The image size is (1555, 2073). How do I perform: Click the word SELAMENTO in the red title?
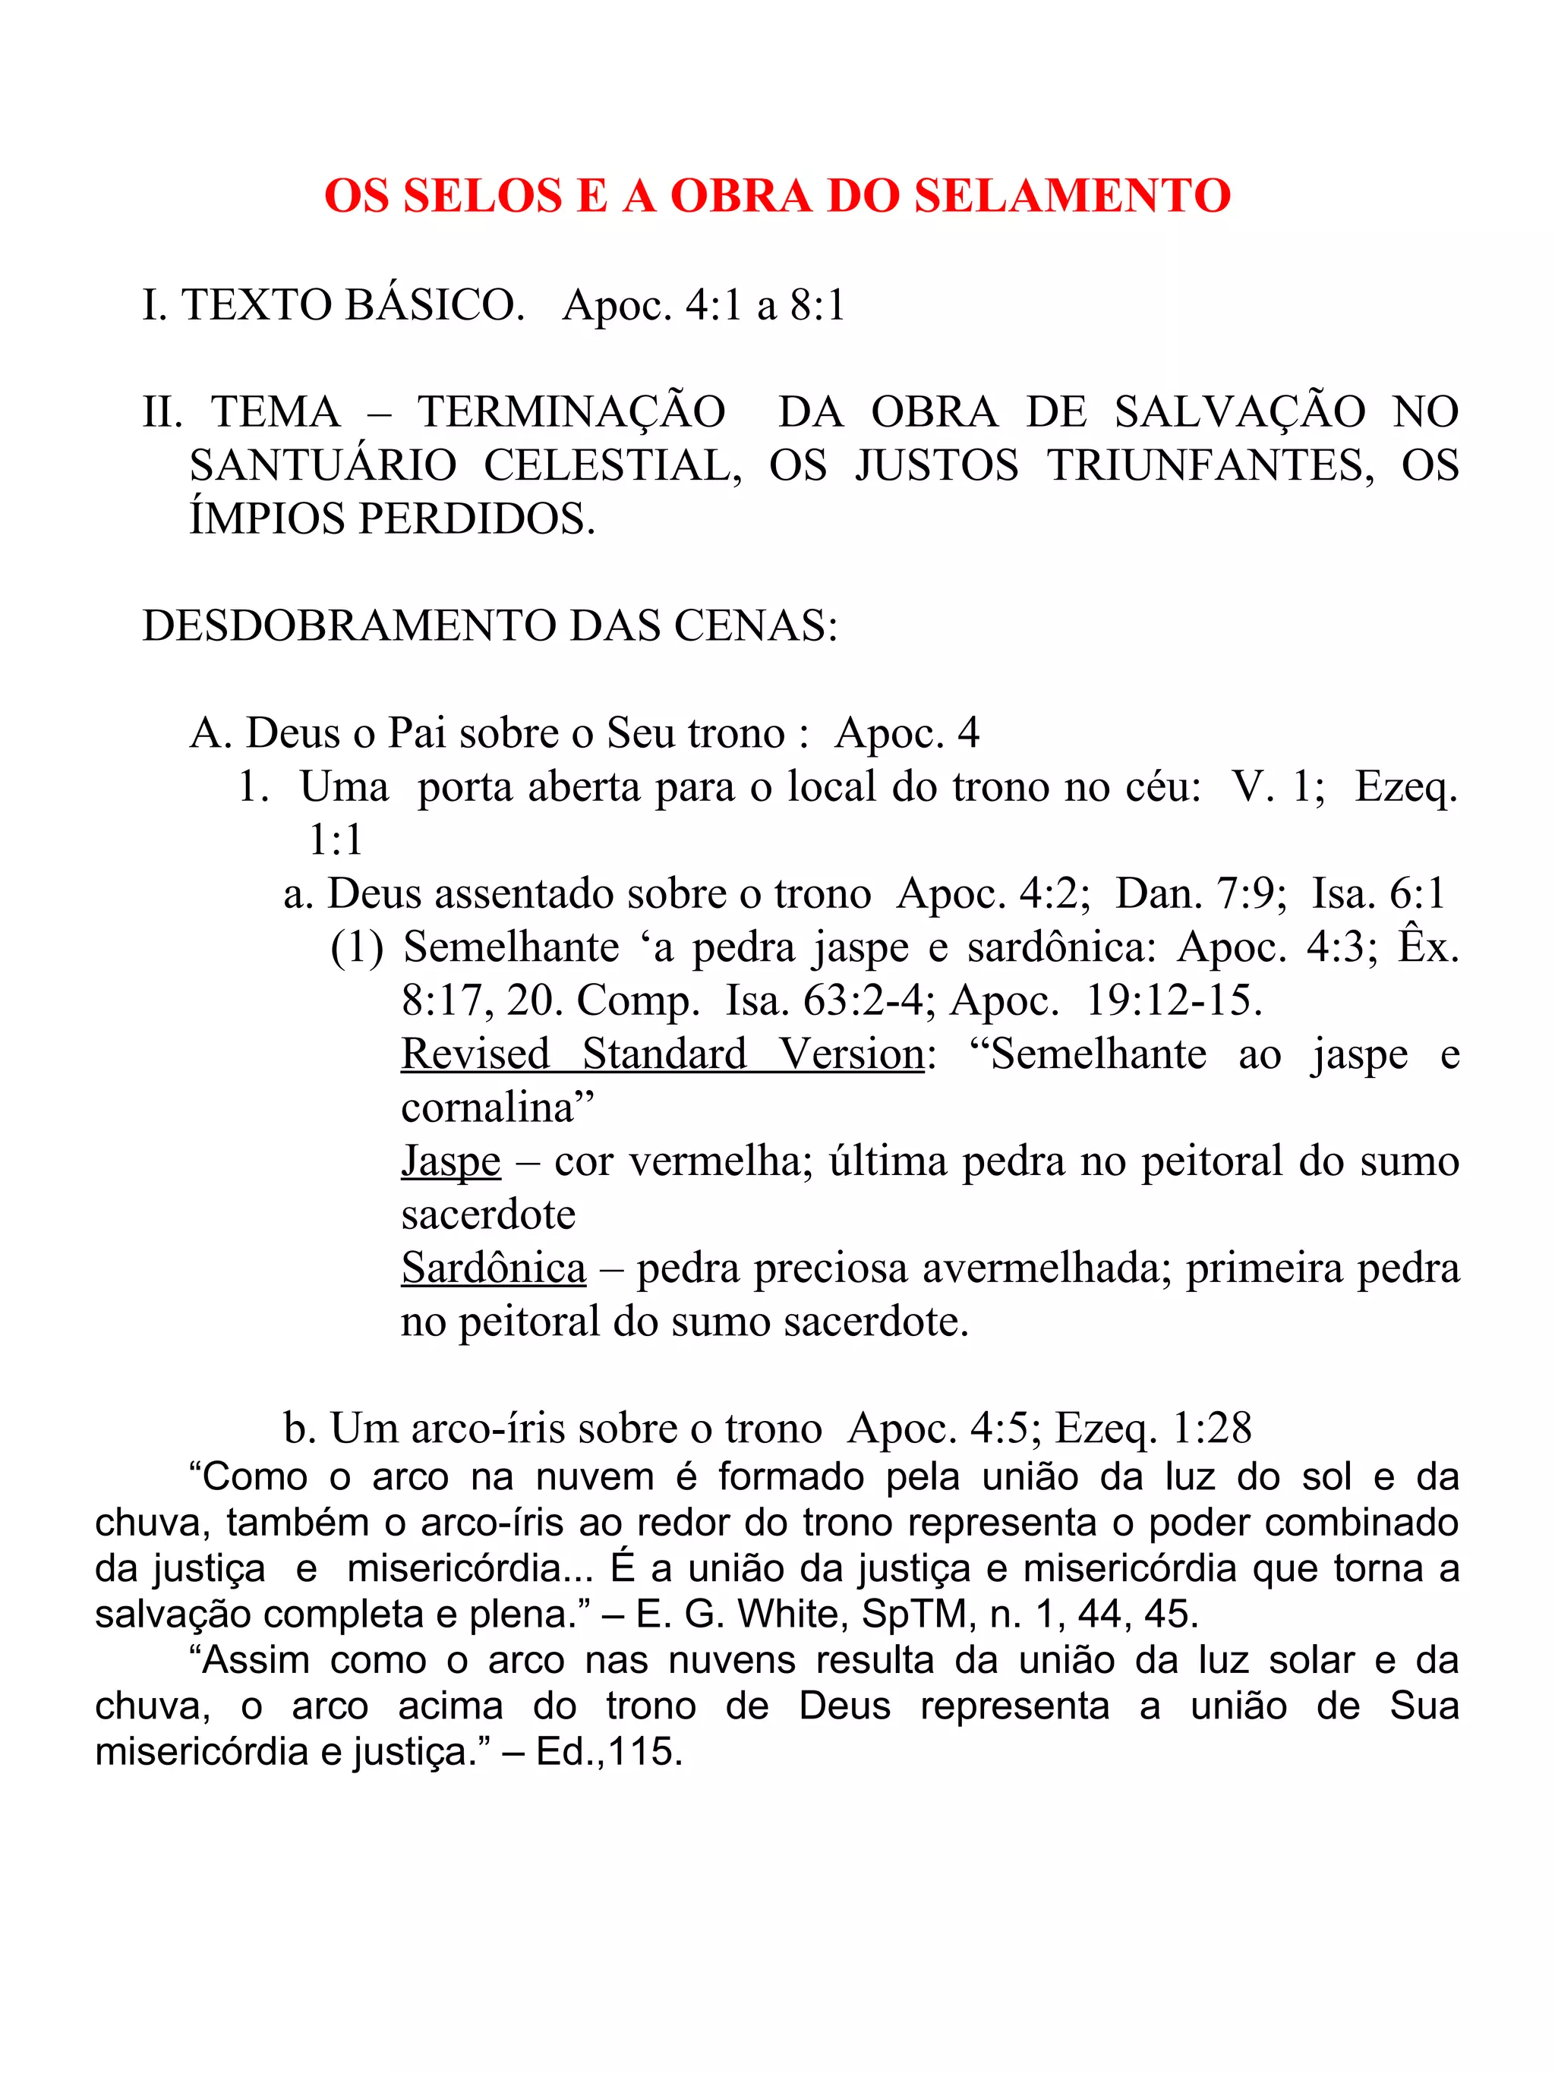tap(1072, 196)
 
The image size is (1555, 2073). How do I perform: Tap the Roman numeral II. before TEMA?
tap(162, 412)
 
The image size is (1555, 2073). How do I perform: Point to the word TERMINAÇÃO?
tap(572, 412)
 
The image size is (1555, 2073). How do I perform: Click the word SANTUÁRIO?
tap(323, 466)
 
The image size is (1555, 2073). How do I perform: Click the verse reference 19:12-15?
tap(1174, 1001)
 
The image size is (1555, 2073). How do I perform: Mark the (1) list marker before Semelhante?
tap(357, 947)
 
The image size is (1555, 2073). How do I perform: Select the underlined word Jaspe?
tap(451, 1162)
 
